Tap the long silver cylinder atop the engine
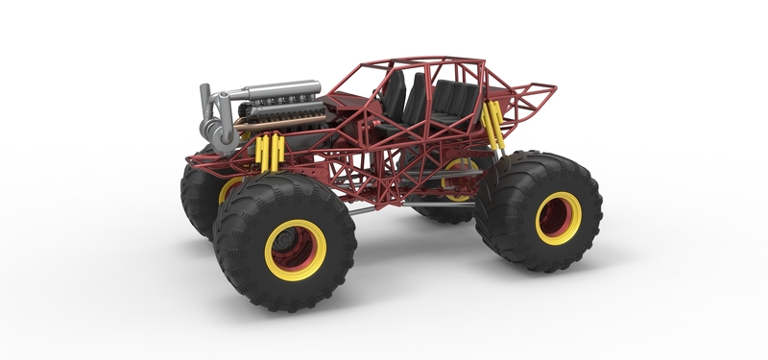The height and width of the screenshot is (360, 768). click(278, 92)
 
